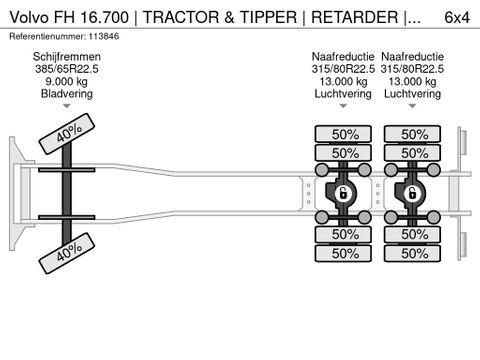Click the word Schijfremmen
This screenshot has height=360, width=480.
tap(66, 57)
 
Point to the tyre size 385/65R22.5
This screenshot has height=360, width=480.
tap(66, 70)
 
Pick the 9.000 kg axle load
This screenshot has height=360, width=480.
tap(66, 83)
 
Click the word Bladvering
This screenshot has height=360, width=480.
tap(66, 96)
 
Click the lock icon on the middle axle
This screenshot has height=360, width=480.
tap(343, 192)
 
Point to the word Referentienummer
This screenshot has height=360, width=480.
tap(46, 36)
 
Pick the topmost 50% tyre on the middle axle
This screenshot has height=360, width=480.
tap(343, 134)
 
